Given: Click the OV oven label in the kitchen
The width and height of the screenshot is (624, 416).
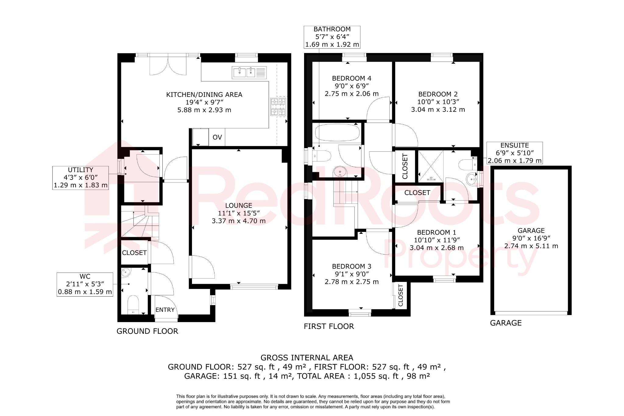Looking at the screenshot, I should [217, 137].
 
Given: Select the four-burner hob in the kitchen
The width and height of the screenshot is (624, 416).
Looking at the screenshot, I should [278, 107].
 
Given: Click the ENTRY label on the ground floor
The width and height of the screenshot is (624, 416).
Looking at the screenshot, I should [165, 310].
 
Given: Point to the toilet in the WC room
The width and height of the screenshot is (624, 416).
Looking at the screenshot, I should [133, 303].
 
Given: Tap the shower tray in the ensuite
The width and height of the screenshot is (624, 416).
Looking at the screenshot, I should [431, 166].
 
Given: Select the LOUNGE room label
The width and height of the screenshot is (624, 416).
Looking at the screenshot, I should [239, 206].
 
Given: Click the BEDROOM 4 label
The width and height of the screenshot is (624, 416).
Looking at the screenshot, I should [352, 78].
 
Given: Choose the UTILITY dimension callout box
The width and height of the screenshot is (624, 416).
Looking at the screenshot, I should [80, 178].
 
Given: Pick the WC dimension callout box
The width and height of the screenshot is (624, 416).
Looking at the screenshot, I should [85, 284].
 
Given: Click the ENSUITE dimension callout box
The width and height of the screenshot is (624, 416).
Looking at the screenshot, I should [515, 153].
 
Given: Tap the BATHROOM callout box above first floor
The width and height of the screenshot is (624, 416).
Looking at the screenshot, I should [332, 37].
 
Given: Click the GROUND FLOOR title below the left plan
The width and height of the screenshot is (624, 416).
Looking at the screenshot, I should [147, 331].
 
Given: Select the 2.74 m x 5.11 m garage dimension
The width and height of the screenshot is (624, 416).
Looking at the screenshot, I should [531, 246].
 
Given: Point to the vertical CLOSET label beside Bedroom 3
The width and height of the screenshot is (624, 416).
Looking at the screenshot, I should [400, 295].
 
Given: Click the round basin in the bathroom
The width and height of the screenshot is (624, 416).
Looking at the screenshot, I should [340, 172].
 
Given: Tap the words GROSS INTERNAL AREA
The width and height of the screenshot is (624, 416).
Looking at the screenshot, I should [307, 358].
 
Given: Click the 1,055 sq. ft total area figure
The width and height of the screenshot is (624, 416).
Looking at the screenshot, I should [376, 376].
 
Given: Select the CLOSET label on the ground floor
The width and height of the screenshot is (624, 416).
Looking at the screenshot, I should [134, 253].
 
